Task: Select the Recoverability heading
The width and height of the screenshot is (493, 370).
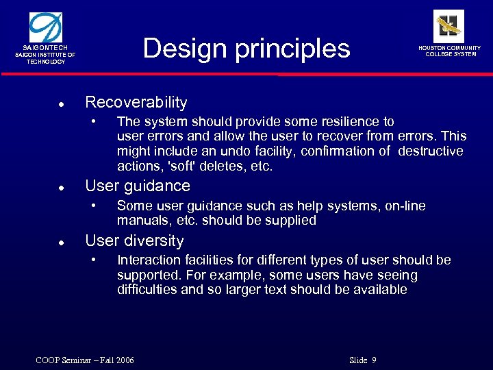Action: click(136, 103)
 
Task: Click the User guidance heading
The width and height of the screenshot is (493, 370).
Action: click(137, 186)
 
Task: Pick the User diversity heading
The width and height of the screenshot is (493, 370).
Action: click(134, 241)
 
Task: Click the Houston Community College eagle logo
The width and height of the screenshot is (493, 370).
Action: click(448, 26)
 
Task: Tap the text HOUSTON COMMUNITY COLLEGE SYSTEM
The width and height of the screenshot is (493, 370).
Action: click(449, 51)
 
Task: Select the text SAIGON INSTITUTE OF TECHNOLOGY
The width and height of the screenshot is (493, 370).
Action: click(46, 58)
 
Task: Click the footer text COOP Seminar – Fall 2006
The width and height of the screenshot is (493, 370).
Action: click(85, 360)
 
